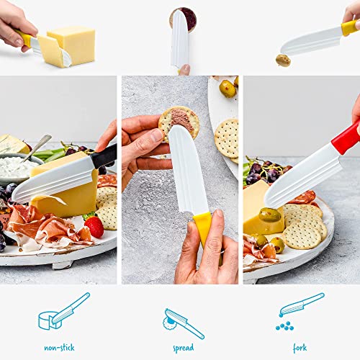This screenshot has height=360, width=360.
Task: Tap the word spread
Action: click(x=183, y=348)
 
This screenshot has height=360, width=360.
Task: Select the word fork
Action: click(x=300, y=348)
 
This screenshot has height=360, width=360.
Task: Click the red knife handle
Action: click(x=346, y=138)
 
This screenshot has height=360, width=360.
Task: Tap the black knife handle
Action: click(x=104, y=156)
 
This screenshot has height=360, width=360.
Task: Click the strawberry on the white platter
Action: click(x=94, y=227)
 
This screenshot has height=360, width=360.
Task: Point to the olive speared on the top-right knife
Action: click(x=283, y=60)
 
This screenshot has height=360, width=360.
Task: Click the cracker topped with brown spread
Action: click(x=179, y=121)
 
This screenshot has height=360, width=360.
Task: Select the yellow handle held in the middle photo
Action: click(x=204, y=228)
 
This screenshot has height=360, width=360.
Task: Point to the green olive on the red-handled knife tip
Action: click(x=270, y=215)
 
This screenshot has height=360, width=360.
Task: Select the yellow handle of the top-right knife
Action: click(x=350, y=27)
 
